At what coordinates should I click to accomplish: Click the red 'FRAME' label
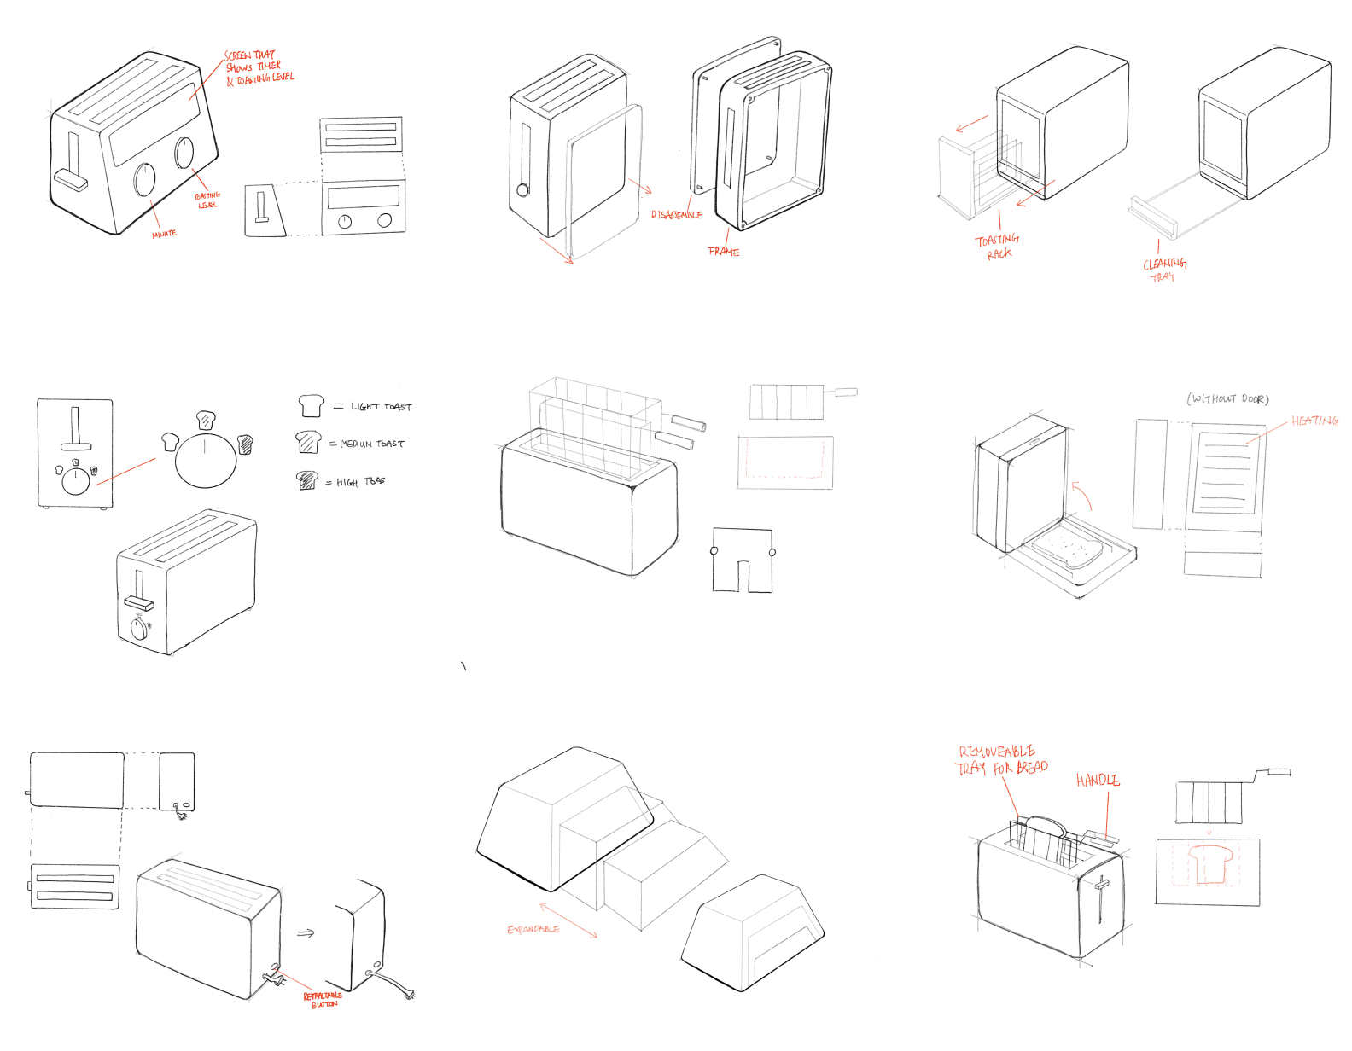pyautogui.click(x=724, y=252)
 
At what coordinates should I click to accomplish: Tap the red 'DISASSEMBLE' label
pyautogui.click(x=677, y=215)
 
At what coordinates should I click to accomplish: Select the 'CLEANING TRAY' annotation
pyautogui.click(x=1164, y=270)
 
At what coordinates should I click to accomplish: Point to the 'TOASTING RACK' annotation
pyautogui.click(x=998, y=247)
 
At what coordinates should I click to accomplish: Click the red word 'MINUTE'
pyautogui.click(x=164, y=234)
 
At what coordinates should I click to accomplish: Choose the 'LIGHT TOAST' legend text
pyautogui.click(x=381, y=407)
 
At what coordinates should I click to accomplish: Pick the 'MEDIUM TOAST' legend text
pyautogui.click(x=372, y=444)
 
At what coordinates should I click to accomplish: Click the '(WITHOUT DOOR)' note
pyautogui.click(x=1227, y=399)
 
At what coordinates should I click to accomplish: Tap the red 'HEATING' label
pyautogui.click(x=1314, y=421)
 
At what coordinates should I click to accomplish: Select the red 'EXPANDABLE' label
pyautogui.click(x=533, y=929)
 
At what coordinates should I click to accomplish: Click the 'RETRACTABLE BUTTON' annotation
pyautogui.click(x=323, y=1000)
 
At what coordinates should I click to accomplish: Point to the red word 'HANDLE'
pyautogui.click(x=1098, y=781)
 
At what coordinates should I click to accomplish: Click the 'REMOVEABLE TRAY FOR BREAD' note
pyautogui.click(x=1000, y=760)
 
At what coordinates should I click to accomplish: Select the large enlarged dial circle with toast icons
pyautogui.click(x=206, y=460)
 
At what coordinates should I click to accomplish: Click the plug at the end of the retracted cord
pyautogui.click(x=411, y=995)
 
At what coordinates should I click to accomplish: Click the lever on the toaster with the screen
pyautogui.click(x=72, y=179)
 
